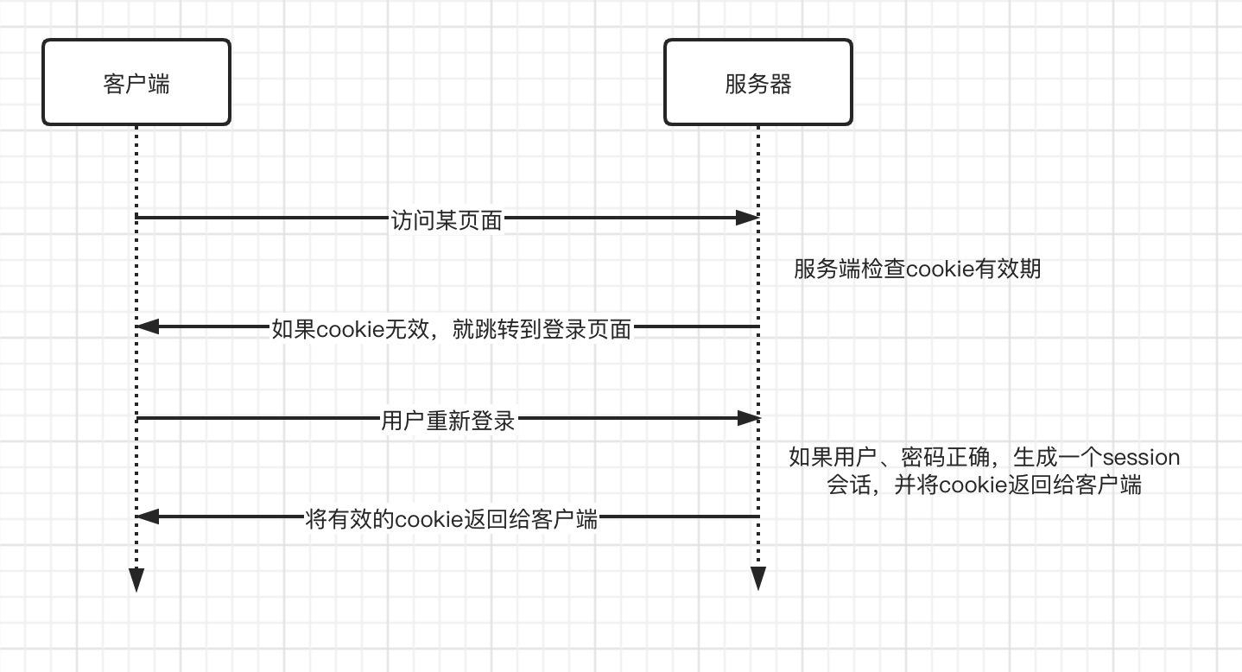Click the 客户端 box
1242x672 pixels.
click(136, 83)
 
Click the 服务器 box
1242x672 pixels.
click(757, 83)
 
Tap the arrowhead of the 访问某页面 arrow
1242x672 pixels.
click(747, 218)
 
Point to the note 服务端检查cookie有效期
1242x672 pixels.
click(917, 269)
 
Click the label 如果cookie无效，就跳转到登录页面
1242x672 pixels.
click(452, 328)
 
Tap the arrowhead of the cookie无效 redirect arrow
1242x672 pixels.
click(148, 326)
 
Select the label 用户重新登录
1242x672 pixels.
click(447, 421)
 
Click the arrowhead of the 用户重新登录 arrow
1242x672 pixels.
click(747, 419)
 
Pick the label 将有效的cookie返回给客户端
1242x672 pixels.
click(452, 520)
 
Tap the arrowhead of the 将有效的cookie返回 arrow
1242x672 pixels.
click(148, 517)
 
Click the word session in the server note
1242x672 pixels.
click(1142, 456)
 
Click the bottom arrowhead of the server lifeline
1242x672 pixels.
click(757, 579)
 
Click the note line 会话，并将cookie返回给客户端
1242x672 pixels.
click(985, 485)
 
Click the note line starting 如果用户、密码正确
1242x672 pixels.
click(985, 456)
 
